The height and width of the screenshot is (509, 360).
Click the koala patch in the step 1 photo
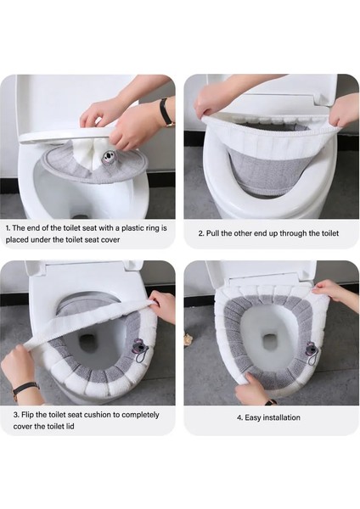coord(107,156)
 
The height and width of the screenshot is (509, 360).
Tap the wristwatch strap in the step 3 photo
coord(25,389)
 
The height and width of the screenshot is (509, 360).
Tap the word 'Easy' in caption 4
coord(252,417)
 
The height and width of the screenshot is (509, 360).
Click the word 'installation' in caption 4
coord(281,417)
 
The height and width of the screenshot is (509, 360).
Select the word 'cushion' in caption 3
coord(98,415)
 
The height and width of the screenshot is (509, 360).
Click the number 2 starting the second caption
coord(201,233)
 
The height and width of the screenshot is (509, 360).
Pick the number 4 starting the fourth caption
coord(239,417)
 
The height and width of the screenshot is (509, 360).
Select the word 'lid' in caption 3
coord(70,426)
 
